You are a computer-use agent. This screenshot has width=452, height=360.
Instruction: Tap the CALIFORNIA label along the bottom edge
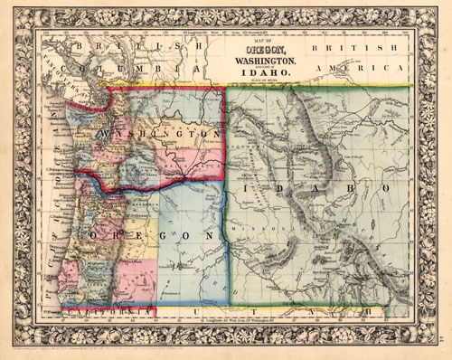pyautogui.click(x=99, y=312)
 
